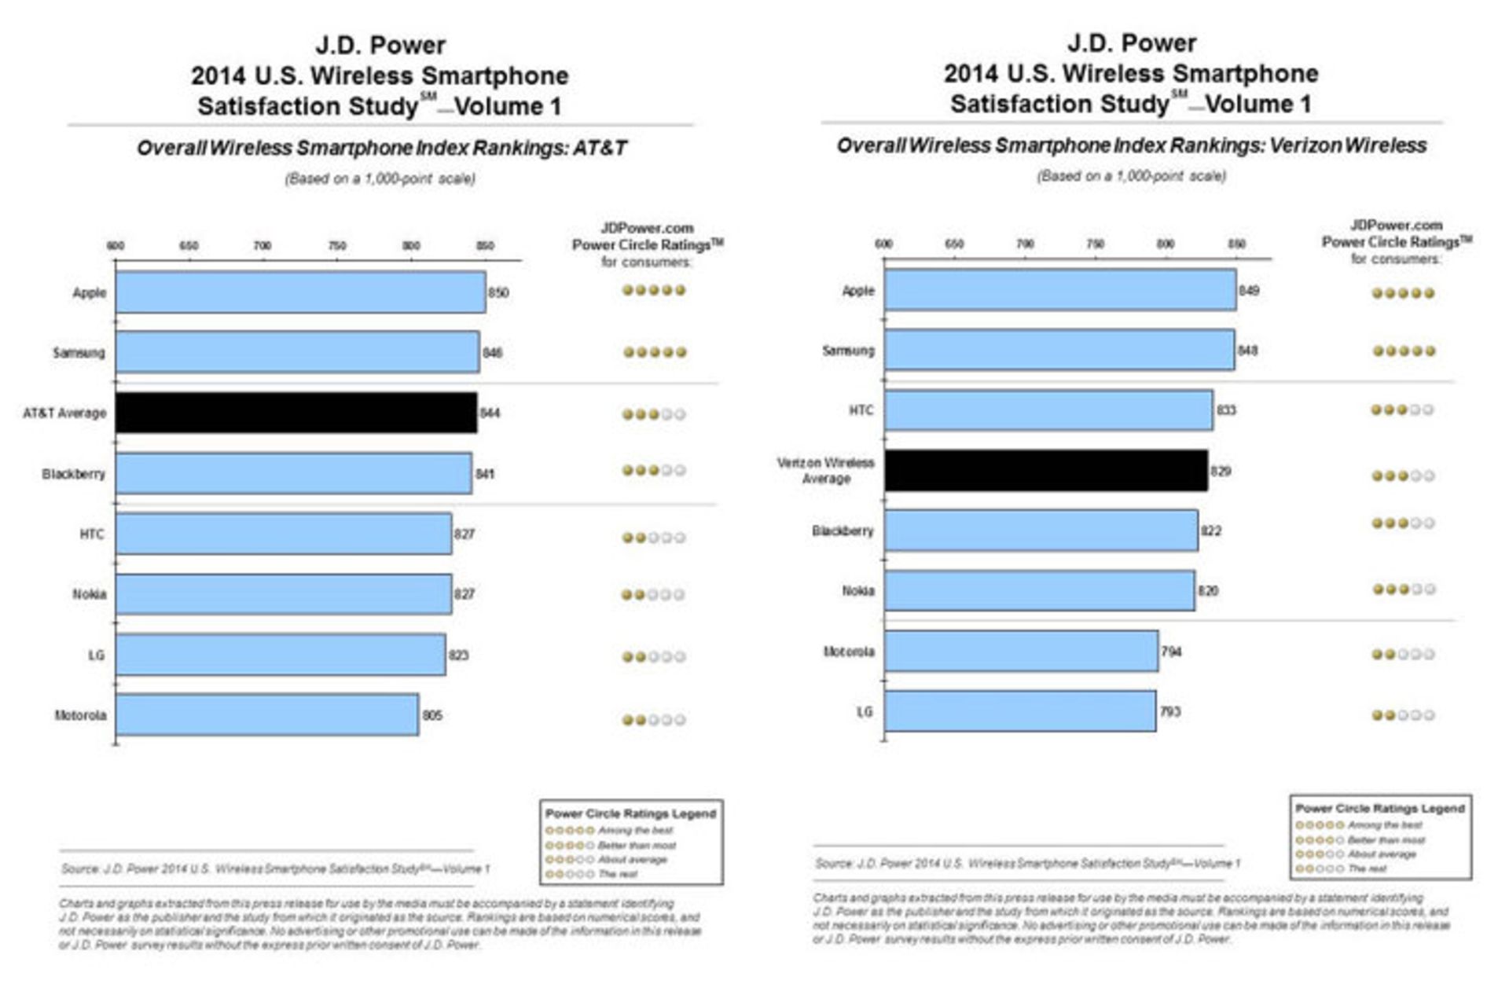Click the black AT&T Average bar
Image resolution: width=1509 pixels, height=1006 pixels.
tap(296, 413)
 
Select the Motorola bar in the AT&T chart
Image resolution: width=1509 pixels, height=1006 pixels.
tap(266, 714)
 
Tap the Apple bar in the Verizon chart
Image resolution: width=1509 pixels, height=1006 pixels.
tap(1059, 290)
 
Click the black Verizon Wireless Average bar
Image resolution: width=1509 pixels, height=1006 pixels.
tap(1045, 470)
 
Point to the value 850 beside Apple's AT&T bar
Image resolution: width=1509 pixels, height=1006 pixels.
tap(498, 292)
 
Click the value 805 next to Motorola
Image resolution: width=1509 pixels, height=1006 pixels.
tap(432, 715)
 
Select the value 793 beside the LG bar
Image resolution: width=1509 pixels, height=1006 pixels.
tap(1169, 711)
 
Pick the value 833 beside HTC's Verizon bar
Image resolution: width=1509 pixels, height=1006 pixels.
tap(1225, 410)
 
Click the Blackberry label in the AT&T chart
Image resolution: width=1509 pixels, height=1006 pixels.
tap(73, 474)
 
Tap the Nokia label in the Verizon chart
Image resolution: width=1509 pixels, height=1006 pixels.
tap(857, 590)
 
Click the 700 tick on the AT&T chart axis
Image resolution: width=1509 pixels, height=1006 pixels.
tap(262, 246)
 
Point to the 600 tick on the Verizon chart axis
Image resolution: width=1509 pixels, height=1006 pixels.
tap(883, 244)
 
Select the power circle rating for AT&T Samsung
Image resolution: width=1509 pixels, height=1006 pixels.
tap(654, 352)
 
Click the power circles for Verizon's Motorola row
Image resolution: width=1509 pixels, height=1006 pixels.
tap(1403, 654)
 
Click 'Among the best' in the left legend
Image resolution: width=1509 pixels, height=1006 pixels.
tap(634, 830)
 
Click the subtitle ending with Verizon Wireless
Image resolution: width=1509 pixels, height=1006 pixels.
tap(1131, 145)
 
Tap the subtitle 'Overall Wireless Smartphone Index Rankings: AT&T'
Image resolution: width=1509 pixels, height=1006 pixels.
tap(381, 148)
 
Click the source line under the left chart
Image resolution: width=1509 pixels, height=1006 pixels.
tap(275, 868)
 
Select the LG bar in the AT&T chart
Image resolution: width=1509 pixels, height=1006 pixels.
tap(280, 655)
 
